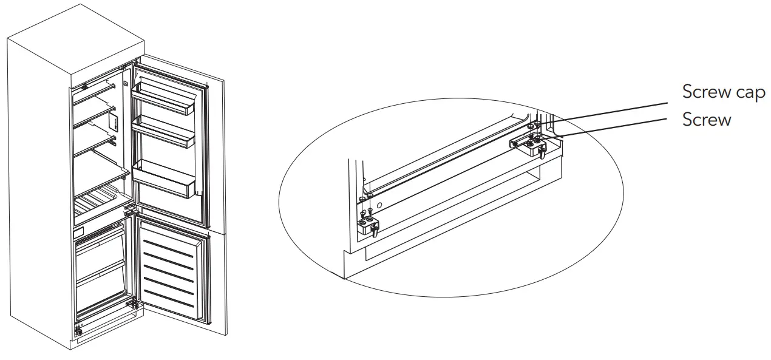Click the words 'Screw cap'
pyautogui.click(x=723, y=93)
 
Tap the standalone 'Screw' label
pyautogui.click(x=707, y=120)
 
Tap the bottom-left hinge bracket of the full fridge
pyautogui.click(x=78, y=331)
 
